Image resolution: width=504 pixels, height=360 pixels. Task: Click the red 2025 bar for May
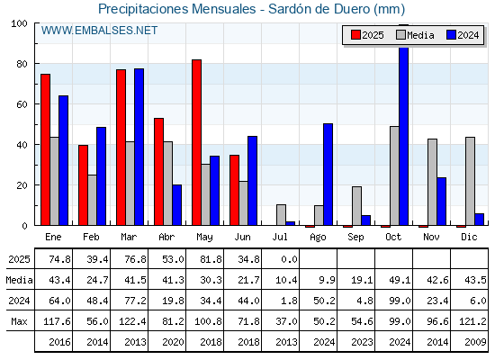click(x=197, y=142)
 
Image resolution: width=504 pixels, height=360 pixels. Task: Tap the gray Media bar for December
click(x=470, y=181)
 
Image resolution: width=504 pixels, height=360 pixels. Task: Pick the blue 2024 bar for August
click(x=328, y=175)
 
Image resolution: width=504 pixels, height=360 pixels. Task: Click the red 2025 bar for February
click(x=83, y=185)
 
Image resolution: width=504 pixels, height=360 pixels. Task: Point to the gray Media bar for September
click(x=356, y=206)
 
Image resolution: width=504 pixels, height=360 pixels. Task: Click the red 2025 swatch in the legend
click(x=355, y=35)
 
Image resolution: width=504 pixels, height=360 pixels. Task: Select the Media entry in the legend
click(x=415, y=35)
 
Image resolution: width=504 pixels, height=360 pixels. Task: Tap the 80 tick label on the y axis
click(x=22, y=64)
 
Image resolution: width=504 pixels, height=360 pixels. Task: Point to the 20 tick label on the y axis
click(x=22, y=185)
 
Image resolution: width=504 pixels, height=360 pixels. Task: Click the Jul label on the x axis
click(x=280, y=237)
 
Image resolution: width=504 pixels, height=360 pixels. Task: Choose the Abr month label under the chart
click(x=166, y=237)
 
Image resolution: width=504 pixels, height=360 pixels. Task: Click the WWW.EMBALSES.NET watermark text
click(x=99, y=31)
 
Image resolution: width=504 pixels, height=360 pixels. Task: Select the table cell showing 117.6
click(x=57, y=321)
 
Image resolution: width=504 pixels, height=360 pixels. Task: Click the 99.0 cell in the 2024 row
click(x=400, y=301)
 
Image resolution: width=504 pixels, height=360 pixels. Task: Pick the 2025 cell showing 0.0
click(x=289, y=259)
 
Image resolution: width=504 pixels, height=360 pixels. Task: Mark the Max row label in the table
click(x=19, y=321)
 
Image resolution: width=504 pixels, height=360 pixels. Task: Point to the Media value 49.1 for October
click(x=400, y=280)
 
